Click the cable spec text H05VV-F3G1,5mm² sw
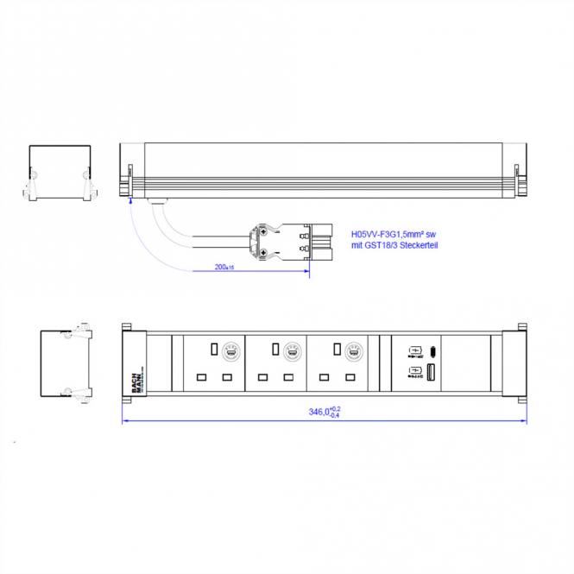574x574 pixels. click(392, 233)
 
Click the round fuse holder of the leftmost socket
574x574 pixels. click(230, 351)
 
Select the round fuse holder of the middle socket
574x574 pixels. click(291, 351)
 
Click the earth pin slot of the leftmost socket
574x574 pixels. click(212, 349)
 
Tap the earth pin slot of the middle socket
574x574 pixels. click(274, 349)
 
